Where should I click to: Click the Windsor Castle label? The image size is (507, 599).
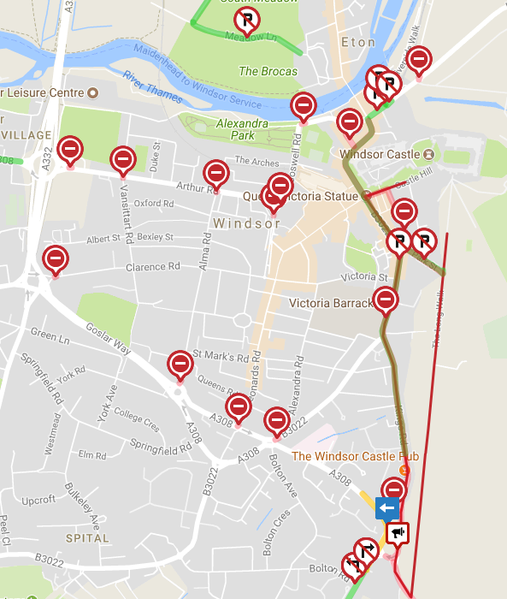coord(380,155)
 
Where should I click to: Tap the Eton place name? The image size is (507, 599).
coord(357,42)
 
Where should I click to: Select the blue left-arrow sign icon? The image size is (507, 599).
coord(387,508)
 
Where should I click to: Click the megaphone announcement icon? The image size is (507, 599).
coord(398,533)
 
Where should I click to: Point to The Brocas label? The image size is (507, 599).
coord(268,72)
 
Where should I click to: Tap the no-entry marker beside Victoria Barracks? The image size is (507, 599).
coord(386,299)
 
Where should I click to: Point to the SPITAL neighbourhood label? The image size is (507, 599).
coord(88,538)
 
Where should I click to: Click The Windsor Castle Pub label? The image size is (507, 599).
coord(355,456)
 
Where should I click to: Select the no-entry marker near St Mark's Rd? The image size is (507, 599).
coord(180,364)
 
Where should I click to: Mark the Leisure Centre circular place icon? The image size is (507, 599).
coord(94,92)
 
